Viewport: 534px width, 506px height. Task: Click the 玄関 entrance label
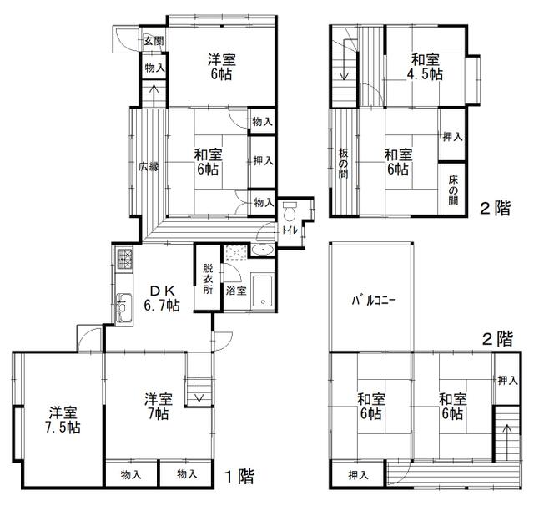[x=154, y=41]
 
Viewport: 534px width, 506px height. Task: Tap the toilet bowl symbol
[x=290, y=211]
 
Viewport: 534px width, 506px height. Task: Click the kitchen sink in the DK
[x=124, y=307]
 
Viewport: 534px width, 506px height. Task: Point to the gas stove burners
[x=124, y=260]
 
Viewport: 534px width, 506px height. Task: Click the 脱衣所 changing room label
[x=208, y=279]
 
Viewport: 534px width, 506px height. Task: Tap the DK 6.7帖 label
[x=162, y=299]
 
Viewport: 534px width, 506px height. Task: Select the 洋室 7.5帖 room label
[x=63, y=420]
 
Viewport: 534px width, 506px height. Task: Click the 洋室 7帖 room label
[x=158, y=406]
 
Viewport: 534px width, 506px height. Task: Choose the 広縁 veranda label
[x=149, y=167]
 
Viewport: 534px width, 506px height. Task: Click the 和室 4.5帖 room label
[x=425, y=67]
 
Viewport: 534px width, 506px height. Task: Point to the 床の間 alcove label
[x=453, y=190]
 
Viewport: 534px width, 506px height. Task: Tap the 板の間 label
[x=343, y=164]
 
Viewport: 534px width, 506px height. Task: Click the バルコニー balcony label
[x=373, y=301]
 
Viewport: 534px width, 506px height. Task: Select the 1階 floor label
[x=240, y=476]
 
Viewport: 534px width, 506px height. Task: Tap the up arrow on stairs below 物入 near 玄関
[x=154, y=96]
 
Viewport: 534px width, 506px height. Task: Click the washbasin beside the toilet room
[x=263, y=250]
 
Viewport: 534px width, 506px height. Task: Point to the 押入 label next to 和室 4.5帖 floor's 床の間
[x=452, y=137]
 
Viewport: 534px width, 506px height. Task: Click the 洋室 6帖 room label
[x=221, y=67]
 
